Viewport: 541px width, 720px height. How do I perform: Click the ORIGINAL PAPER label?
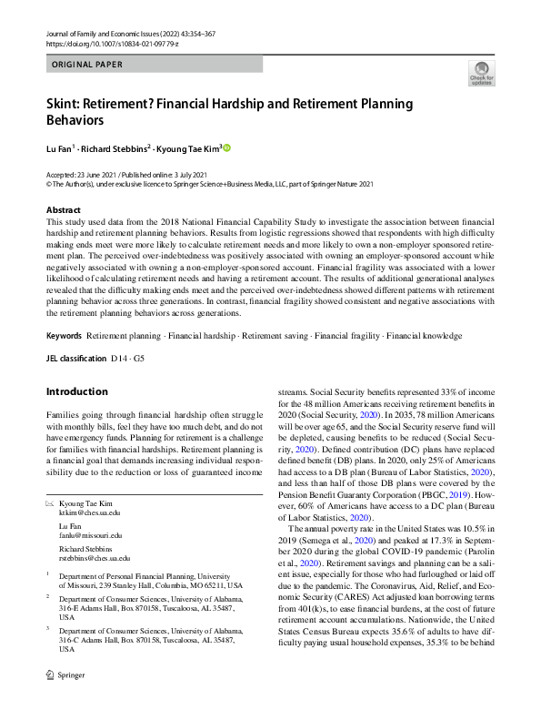coord(85,64)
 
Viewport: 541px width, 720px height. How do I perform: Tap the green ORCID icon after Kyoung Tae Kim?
coord(227,147)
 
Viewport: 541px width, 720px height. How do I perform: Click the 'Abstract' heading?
coord(64,209)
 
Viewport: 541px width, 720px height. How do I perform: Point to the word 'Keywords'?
coord(64,336)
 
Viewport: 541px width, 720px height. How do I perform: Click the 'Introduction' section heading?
coord(76,392)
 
